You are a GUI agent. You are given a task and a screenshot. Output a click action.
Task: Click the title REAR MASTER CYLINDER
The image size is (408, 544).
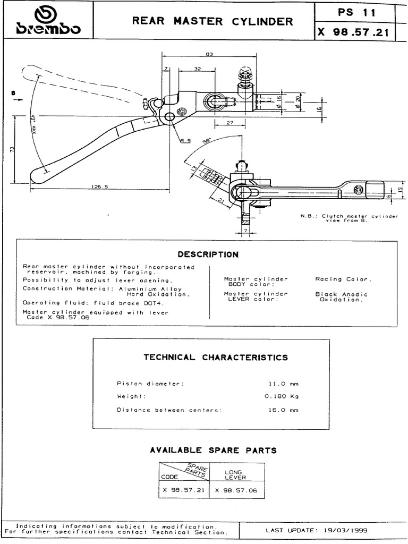(x=212, y=21)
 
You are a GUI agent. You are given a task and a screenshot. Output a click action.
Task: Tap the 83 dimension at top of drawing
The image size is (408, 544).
(x=209, y=54)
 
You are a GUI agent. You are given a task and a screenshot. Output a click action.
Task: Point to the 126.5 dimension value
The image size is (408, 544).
(x=99, y=186)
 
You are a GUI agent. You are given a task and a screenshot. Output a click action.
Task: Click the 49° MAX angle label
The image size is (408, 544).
(x=33, y=124)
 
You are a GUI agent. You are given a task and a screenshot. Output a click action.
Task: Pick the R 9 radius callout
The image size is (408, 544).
(x=185, y=140)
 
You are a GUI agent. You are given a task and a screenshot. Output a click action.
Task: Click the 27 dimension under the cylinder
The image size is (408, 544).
(x=230, y=123)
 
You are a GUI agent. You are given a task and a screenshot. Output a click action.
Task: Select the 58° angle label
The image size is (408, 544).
(x=206, y=141)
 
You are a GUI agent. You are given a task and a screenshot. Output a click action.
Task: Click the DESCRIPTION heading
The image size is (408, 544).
(x=208, y=254)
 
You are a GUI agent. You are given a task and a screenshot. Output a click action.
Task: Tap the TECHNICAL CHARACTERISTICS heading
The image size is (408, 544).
(x=216, y=357)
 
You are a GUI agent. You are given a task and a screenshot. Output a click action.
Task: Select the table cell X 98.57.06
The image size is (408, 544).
(x=236, y=490)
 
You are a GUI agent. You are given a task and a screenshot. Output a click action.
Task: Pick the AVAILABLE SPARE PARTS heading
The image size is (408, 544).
(x=213, y=450)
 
